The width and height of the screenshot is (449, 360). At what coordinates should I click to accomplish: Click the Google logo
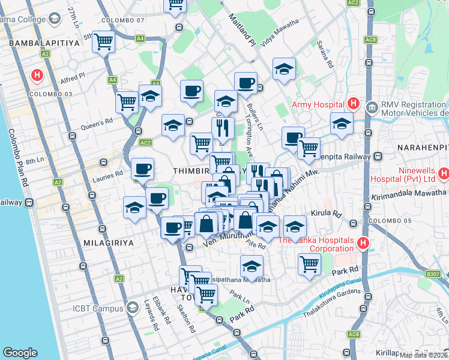tap(20, 353)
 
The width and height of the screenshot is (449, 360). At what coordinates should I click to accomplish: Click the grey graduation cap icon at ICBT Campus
tap(133, 308)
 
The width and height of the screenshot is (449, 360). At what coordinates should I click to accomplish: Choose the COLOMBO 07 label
tap(123, 20)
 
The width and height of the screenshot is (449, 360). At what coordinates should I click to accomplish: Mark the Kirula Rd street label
tap(325, 213)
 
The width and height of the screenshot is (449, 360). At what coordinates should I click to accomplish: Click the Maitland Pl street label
tap(241, 31)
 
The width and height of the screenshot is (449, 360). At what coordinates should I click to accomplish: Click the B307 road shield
tap(433, 274)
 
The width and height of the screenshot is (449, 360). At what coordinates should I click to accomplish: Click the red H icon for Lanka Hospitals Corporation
tap(363, 243)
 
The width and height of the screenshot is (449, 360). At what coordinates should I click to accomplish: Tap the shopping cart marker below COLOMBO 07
tap(104, 42)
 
